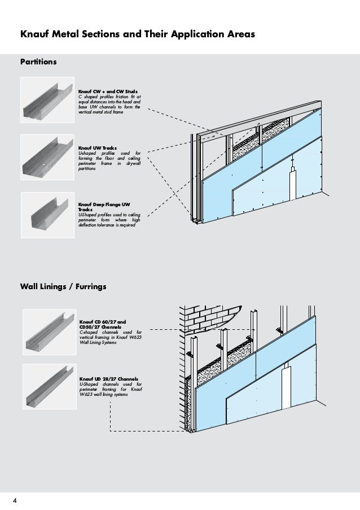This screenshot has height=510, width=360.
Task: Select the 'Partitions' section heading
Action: tap(38, 60)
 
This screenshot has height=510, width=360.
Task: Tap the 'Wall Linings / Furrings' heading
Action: tap(63, 287)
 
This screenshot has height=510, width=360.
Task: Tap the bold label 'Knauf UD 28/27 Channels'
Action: tap(109, 378)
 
